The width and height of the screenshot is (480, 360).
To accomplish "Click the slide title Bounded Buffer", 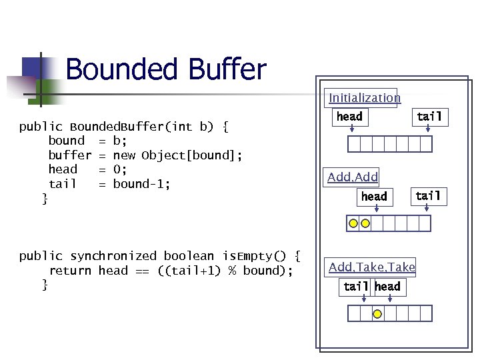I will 166,69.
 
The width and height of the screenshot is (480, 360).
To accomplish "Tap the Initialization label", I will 364,98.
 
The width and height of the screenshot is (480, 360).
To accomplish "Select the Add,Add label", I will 353,177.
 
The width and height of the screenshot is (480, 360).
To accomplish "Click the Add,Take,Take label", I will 371,267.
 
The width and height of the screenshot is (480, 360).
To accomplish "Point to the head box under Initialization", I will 349,117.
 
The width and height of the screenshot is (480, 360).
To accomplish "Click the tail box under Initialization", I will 429,117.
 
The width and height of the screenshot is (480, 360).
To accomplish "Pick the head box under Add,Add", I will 373,197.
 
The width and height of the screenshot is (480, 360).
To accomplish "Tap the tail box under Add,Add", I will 427,196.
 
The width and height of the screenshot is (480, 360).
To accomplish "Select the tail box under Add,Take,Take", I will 355,287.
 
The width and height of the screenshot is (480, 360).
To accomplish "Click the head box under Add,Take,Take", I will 387,287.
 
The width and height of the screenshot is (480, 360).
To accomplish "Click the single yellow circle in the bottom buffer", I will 377,313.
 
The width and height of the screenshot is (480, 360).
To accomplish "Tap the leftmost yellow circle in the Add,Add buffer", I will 353,223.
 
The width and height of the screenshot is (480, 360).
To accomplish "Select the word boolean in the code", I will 189,256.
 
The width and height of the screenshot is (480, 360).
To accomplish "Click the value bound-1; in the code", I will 142,184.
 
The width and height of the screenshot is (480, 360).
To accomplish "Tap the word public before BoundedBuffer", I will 41,127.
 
